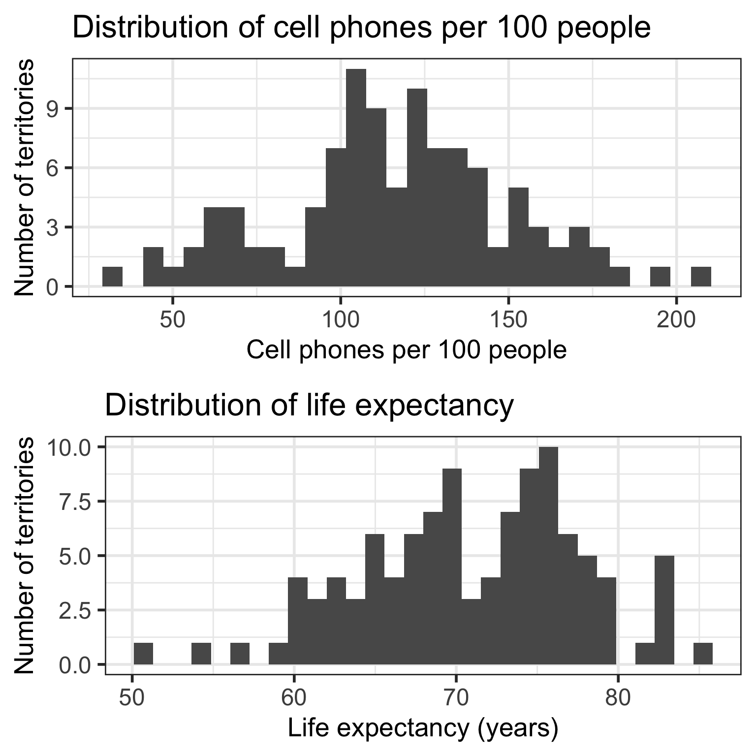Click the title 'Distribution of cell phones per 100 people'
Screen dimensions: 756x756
[x=361, y=28]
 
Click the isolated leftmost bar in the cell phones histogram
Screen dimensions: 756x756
[x=112, y=276]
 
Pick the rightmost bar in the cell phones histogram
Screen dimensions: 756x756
[x=701, y=276]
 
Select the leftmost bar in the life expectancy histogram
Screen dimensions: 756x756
[x=143, y=653]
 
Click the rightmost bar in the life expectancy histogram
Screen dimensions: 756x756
[x=703, y=653]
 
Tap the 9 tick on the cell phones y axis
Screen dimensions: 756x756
[x=53, y=108]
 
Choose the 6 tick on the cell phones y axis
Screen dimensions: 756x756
[x=53, y=168]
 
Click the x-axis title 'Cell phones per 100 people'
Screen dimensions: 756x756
[x=406, y=350]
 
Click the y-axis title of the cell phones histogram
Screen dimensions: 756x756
[x=25, y=177]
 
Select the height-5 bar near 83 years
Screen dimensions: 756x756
[x=664, y=610]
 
